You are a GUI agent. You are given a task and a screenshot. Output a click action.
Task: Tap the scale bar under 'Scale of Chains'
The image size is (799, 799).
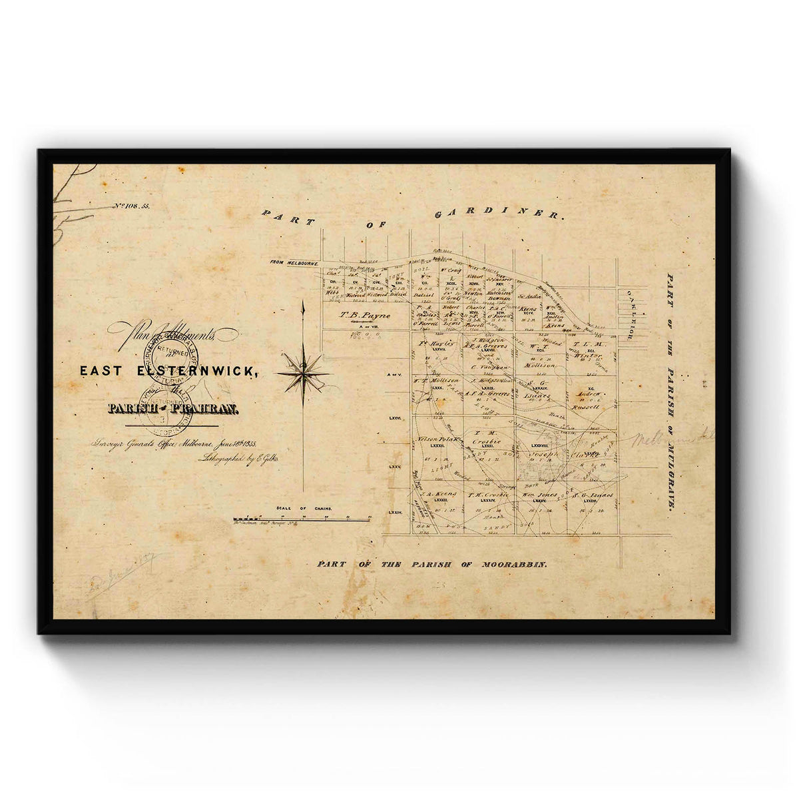(x=302, y=519)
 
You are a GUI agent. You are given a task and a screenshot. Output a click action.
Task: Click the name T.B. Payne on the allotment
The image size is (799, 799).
(x=365, y=316)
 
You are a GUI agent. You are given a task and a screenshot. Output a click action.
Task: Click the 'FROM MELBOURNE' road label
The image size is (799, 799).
(x=294, y=263)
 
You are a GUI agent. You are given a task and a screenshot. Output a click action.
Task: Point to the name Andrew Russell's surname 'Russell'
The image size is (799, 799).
(x=586, y=405)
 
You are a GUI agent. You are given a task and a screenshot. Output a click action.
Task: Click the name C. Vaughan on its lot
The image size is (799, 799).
(x=489, y=367)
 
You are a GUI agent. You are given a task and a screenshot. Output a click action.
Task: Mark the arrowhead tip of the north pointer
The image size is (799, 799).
(x=304, y=303)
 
